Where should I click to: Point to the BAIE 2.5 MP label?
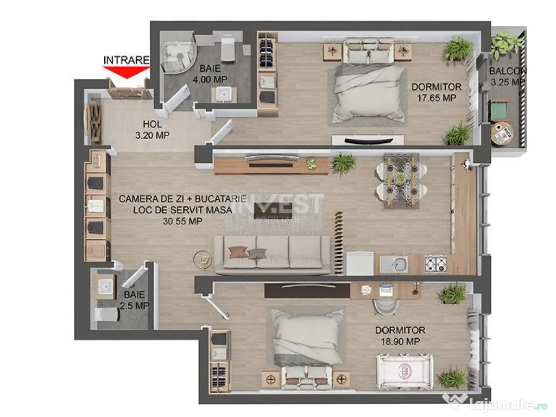point(135,300)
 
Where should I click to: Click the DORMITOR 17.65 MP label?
point(436,92)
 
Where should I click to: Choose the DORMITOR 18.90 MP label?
point(400,336)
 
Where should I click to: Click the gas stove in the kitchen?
point(435,264)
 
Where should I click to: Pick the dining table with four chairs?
point(401,180)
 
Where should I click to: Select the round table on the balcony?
point(501,134)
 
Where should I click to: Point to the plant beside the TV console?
point(343,162)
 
